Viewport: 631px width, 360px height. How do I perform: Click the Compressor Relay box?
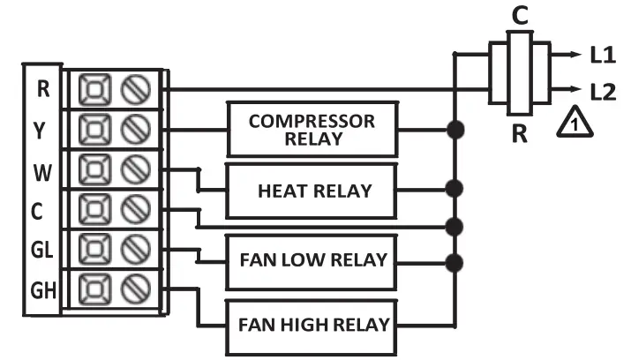[x=311, y=130]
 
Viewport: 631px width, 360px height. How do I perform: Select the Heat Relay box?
[x=313, y=190]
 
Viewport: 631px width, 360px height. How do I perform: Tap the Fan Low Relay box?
[x=313, y=261]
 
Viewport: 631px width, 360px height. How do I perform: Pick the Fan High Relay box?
[x=313, y=324]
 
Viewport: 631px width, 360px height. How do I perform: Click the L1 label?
[x=603, y=55]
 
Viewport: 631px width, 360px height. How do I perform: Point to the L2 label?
[x=603, y=90]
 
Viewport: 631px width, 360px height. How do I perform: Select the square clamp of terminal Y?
[x=93, y=130]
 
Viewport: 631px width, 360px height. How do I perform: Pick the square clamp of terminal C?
[x=93, y=210]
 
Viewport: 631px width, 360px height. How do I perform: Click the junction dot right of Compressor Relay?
[x=455, y=131]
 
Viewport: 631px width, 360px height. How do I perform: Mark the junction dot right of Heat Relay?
[x=455, y=189]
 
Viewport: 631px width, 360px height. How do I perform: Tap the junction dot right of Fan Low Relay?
[x=455, y=262]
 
